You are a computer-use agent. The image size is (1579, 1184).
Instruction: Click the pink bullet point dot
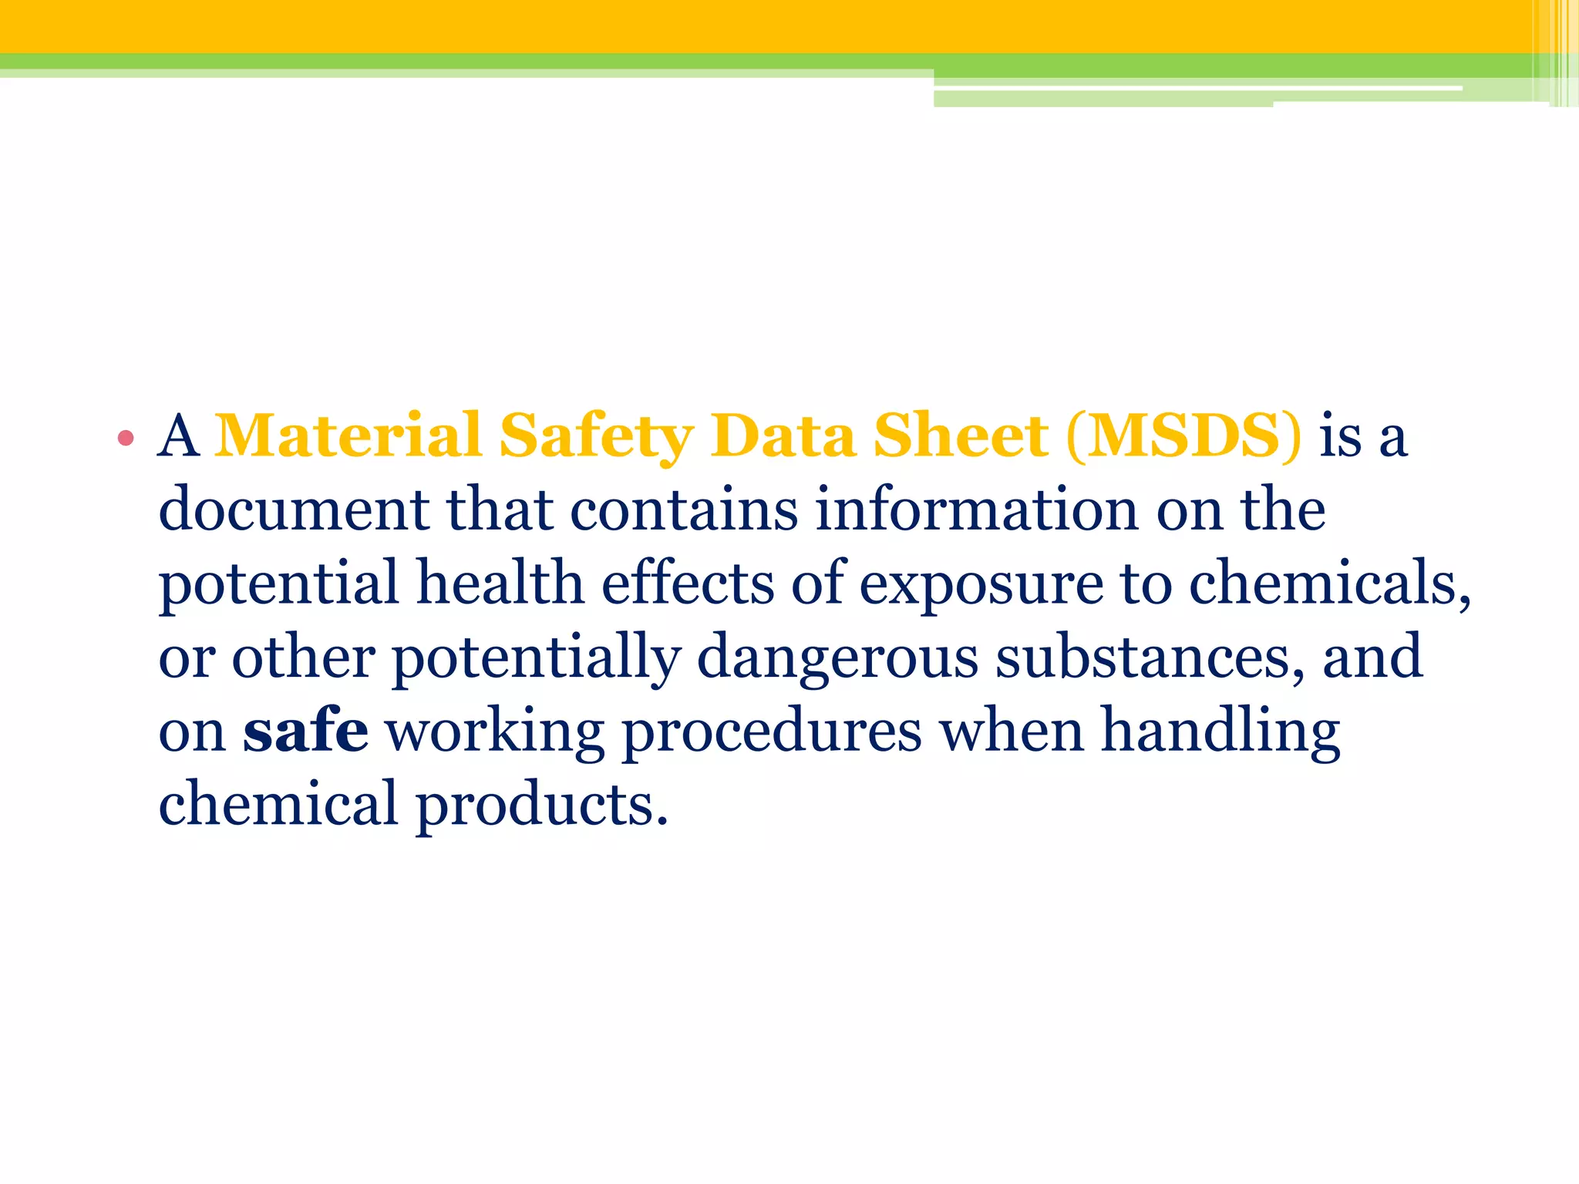[x=126, y=439]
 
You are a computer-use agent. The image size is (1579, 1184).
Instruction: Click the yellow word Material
[x=348, y=436]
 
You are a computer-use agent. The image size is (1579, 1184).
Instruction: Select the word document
[x=294, y=510]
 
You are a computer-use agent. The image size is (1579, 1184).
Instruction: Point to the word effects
[x=687, y=583]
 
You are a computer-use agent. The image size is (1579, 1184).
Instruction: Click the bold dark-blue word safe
[x=305, y=730]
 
